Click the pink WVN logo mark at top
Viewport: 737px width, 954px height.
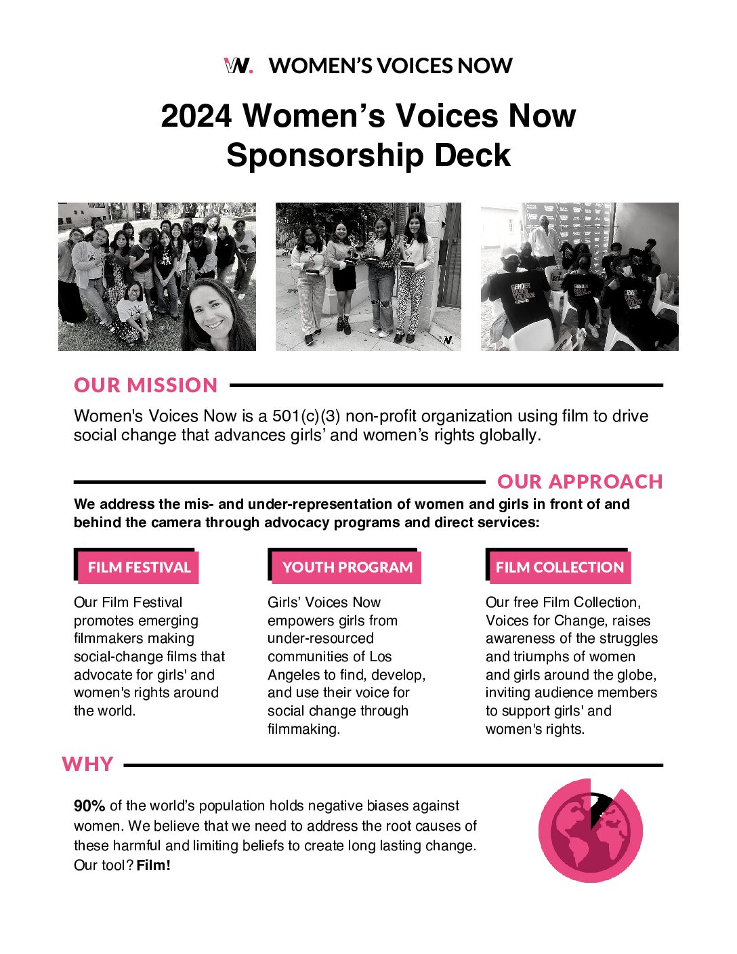click(238, 66)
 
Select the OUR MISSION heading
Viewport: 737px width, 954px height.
click(146, 385)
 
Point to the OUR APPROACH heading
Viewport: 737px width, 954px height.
click(580, 482)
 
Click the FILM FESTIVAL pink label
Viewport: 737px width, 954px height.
click(139, 568)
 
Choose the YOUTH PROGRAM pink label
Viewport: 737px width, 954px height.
click(347, 568)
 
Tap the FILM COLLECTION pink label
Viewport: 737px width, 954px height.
click(560, 568)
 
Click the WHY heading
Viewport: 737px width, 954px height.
click(87, 764)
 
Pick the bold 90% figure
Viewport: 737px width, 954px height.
click(89, 806)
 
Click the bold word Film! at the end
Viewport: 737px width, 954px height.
click(154, 865)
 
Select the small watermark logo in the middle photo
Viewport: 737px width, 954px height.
click(446, 340)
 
